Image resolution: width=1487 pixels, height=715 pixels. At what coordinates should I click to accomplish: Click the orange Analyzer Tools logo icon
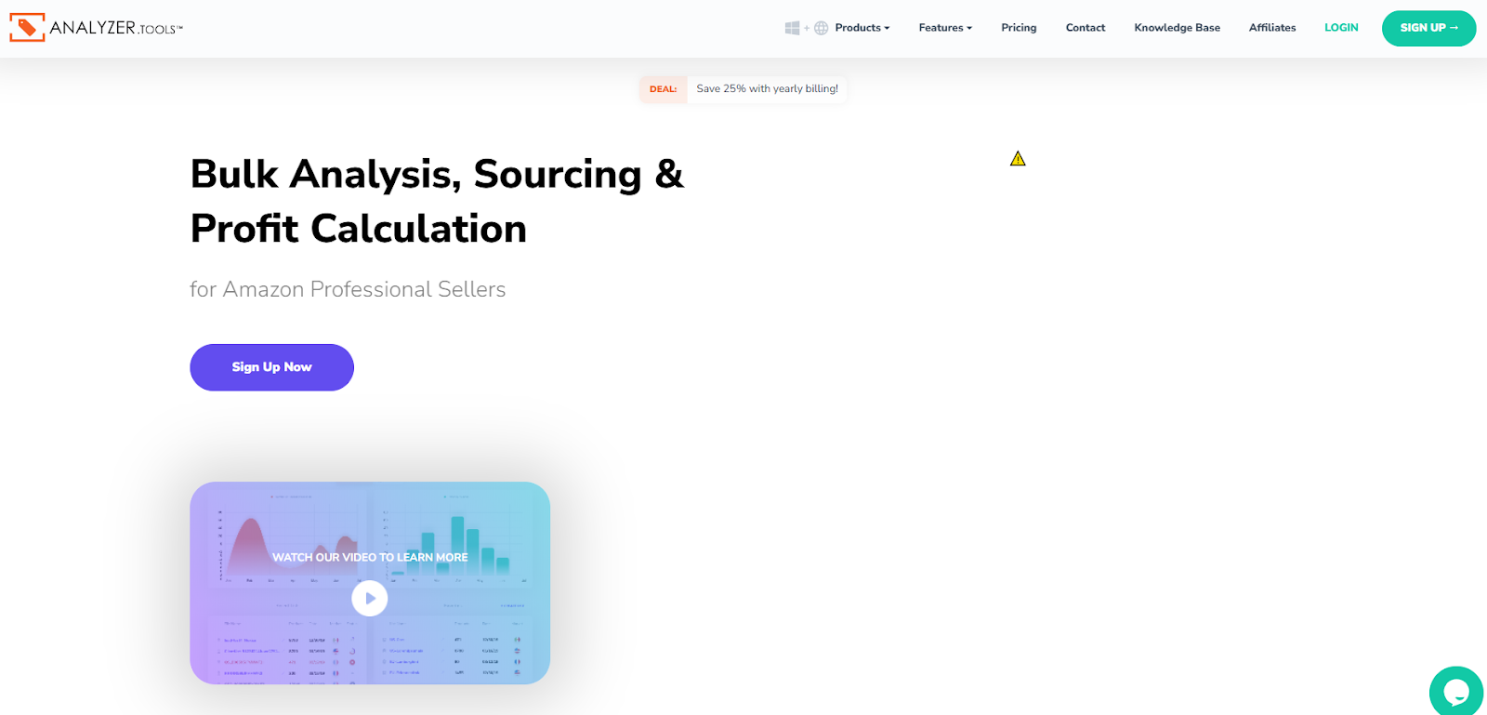coord(27,28)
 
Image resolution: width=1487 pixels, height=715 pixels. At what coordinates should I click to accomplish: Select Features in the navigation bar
coord(944,28)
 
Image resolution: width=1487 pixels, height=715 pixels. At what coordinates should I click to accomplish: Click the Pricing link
coord(1019,28)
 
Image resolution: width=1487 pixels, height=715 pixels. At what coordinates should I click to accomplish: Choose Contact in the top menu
coord(1085,28)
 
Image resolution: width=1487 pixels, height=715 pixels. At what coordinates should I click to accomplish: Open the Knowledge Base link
coord(1177,28)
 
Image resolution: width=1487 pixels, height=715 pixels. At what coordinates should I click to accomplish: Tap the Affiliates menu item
coord(1271,28)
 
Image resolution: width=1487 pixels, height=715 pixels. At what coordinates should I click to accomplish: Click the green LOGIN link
coord(1341,28)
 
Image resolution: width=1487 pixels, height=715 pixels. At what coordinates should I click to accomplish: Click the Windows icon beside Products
coord(792,28)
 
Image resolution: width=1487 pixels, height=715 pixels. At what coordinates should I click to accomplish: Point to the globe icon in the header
coord(821,28)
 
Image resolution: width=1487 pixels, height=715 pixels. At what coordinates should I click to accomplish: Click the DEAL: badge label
coord(663,89)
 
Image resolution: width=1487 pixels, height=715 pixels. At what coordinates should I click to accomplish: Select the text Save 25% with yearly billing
coord(767,89)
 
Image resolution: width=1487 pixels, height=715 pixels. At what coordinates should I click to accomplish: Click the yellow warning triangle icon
coord(1018,159)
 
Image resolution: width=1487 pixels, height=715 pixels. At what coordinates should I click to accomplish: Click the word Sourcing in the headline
coord(558,175)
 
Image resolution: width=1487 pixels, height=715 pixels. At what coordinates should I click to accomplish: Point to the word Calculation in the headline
coord(418,229)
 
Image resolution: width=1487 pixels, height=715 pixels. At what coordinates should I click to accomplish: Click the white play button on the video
coord(370,599)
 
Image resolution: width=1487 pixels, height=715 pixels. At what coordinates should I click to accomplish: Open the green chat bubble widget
coord(1455,692)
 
